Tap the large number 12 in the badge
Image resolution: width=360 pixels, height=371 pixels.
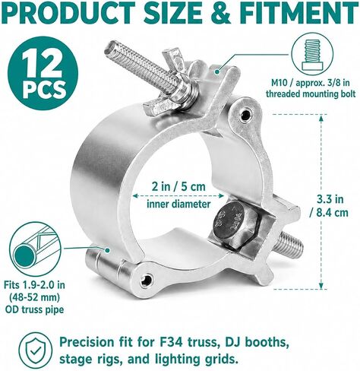[42, 65]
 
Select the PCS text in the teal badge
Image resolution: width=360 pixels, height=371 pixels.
[43, 90]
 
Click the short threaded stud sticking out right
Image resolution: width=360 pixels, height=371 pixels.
[290, 244]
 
